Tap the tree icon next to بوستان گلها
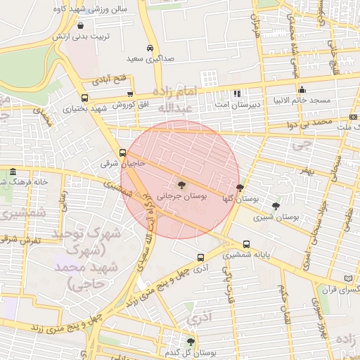pyautogui.click(x=240, y=188)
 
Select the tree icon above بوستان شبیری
pyautogui.click(x=275, y=206)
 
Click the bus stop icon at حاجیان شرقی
pyautogui.click(x=123, y=152)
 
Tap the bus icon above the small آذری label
pyautogui.click(x=200, y=257)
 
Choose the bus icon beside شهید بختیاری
pyautogui.click(x=85, y=98)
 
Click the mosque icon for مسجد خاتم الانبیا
pyautogui.click(x=302, y=89)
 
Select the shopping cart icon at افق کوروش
pyautogui.click(x=129, y=94)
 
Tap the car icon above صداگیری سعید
pyautogui.click(x=150, y=48)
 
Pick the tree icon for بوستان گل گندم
pyautogui.click(x=190, y=342)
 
